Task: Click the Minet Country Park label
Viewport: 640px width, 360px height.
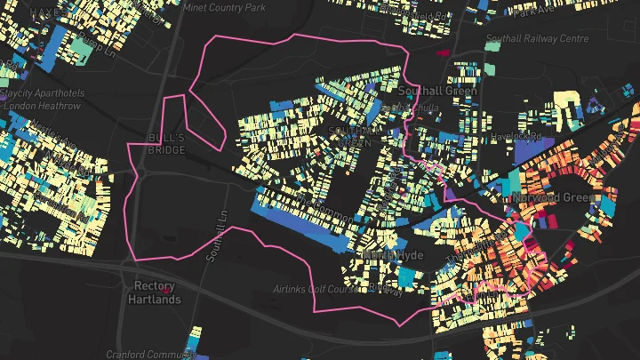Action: (x=223, y=7)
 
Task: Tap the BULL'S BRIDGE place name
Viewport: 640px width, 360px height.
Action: (x=165, y=144)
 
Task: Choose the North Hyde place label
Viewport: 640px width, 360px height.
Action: (x=393, y=255)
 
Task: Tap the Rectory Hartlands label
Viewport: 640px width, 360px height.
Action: (x=156, y=292)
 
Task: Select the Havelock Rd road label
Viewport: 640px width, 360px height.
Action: (x=522, y=136)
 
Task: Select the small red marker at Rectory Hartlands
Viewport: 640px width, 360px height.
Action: (x=165, y=288)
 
